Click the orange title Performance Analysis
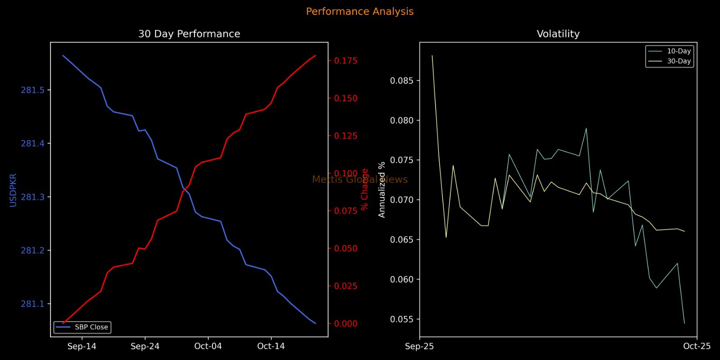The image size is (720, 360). [x=360, y=12]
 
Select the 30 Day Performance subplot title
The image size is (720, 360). [x=189, y=34]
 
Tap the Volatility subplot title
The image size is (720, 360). [x=558, y=34]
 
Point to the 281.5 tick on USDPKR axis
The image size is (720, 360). [x=33, y=90]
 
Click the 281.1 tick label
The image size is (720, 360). [x=33, y=304]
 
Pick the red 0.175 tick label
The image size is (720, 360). [x=346, y=61]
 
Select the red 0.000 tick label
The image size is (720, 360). [x=346, y=324]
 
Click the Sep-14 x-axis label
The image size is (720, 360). [x=82, y=346]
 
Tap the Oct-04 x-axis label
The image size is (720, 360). [x=208, y=346]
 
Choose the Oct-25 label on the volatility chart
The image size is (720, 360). [x=697, y=346]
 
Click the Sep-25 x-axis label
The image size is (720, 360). [x=419, y=346]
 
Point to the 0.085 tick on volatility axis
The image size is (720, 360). [x=402, y=81]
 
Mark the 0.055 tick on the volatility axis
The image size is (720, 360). [x=402, y=319]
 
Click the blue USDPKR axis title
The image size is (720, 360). [x=13, y=190]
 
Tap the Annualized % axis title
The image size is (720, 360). [x=382, y=189]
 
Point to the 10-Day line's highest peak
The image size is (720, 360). [x=586, y=128]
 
